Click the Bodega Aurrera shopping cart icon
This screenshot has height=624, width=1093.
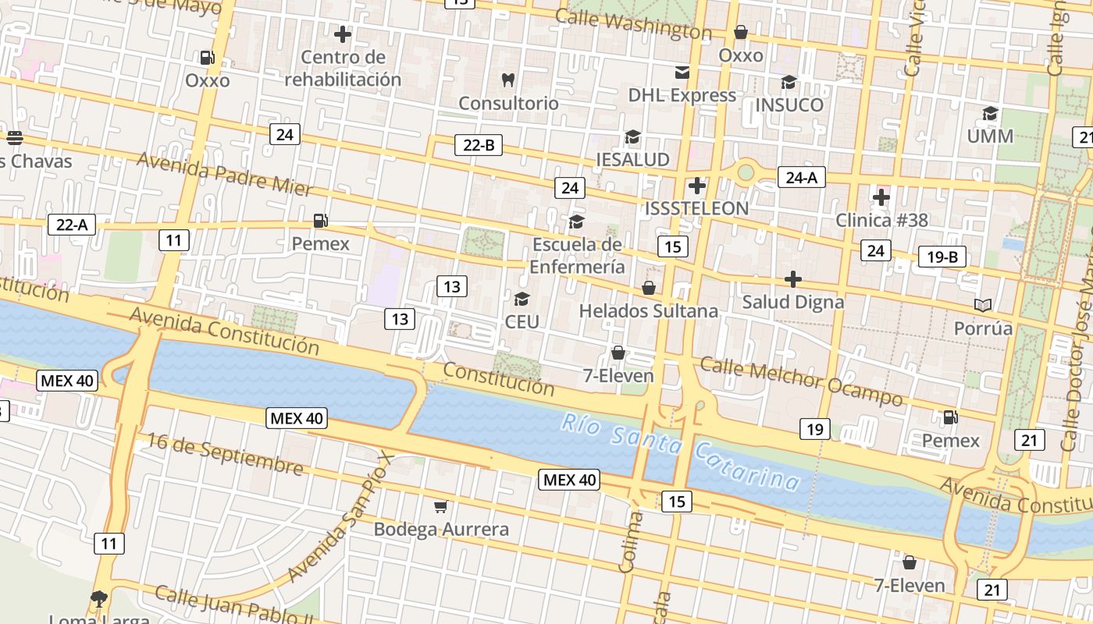440,507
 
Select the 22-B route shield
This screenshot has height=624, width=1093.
479,145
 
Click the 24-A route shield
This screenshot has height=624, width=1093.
801,178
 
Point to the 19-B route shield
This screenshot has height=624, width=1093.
942,257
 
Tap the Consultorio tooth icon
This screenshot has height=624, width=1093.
507,80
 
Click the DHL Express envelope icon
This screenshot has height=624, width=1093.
682,73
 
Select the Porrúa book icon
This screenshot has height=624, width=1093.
983,305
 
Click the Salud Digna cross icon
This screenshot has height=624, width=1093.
793,279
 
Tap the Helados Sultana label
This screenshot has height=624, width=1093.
648,311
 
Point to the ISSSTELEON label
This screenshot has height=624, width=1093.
696,208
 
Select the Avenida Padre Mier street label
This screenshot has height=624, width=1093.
225,174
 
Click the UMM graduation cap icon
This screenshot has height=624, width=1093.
990,114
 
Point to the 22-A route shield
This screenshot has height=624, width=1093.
72,225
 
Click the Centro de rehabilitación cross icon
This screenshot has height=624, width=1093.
342,34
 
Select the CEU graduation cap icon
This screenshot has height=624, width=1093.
522,299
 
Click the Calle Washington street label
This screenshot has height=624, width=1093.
633,23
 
